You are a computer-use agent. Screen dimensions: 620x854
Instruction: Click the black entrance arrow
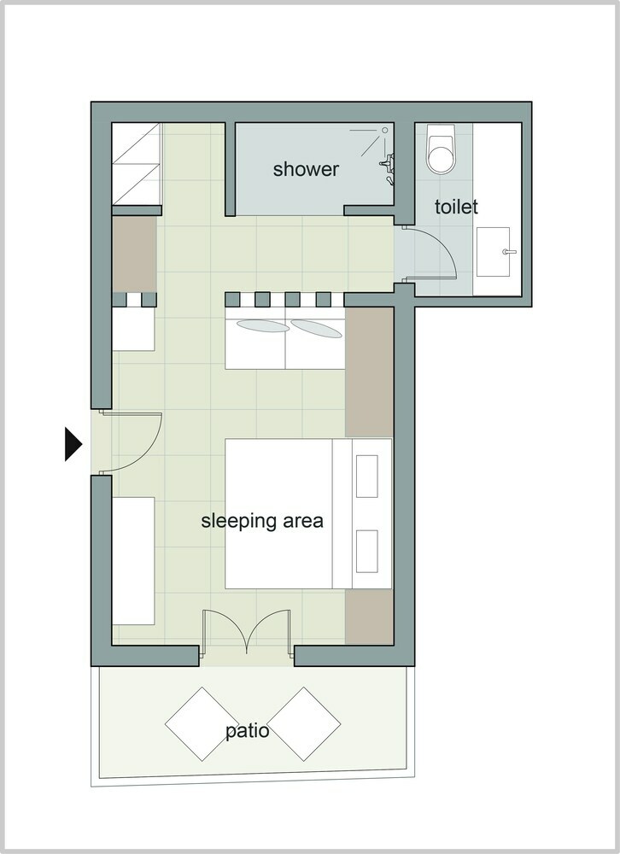(x=73, y=444)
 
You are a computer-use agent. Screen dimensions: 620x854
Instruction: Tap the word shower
(x=306, y=169)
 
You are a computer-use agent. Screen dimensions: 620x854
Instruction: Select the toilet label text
(x=456, y=207)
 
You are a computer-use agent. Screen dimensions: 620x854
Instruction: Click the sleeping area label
(x=262, y=521)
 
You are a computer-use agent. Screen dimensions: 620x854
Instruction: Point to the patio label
(x=248, y=730)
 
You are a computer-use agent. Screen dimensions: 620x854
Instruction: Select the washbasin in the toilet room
(x=494, y=252)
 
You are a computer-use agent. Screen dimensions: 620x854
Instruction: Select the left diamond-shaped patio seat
(x=202, y=724)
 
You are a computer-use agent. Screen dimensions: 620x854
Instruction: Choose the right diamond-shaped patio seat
(x=303, y=724)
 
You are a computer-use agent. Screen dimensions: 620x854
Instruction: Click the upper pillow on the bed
(x=366, y=476)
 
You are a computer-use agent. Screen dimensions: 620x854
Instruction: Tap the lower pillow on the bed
(x=366, y=551)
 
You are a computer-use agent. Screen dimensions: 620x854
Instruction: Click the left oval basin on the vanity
(x=262, y=325)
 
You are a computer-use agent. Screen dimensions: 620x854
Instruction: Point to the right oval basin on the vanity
(x=317, y=329)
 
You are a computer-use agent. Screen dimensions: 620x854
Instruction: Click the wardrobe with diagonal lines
(x=136, y=164)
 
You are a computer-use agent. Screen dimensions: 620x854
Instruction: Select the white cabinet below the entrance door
(x=133, y=560)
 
